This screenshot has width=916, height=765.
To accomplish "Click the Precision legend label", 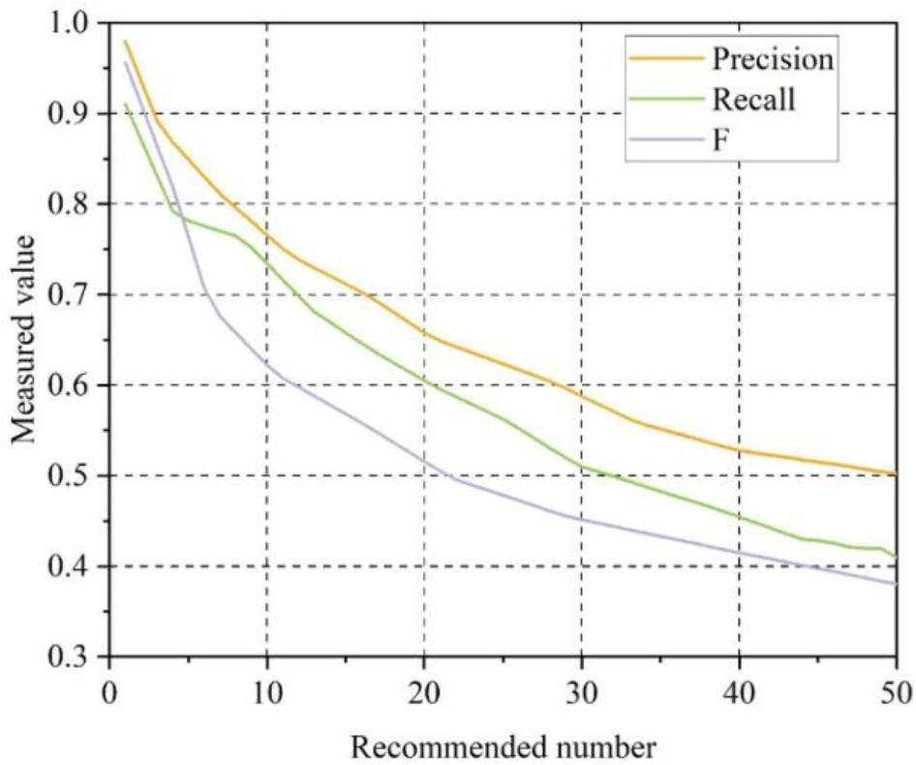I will click(x=772, y=59).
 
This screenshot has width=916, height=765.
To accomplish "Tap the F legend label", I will click(x=719, y=139).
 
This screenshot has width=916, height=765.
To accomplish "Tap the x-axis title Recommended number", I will click(x=504, y=746).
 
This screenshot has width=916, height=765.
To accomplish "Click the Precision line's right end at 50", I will click(x=896, y=474).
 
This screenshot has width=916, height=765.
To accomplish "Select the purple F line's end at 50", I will click(x=896, y=583).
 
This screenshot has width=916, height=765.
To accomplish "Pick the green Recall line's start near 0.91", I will click(x=125, y=105).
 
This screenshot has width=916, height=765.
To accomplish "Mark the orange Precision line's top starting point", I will click(x=125, y=41).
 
